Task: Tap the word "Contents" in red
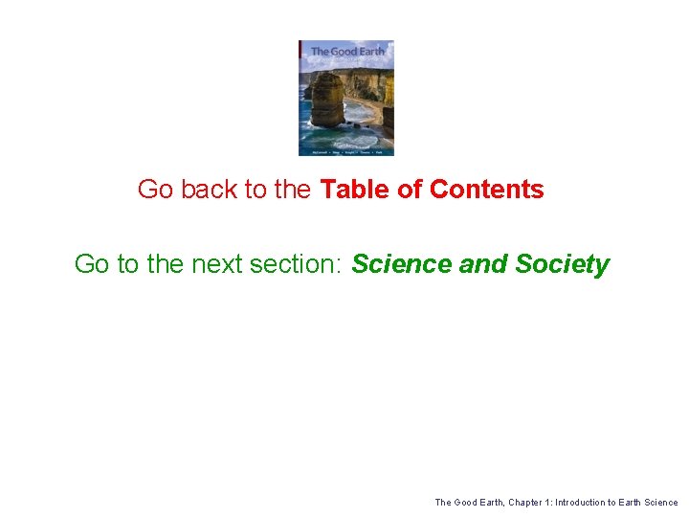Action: [x=487, y=190]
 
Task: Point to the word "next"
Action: [x=219, y=264]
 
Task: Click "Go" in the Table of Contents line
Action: [x=155, y=190]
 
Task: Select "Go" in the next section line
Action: [x=92, y=264]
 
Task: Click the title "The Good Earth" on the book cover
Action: [x=346, y=51]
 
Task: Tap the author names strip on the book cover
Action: [x=346, y=151]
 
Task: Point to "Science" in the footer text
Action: [x=661, y=503]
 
